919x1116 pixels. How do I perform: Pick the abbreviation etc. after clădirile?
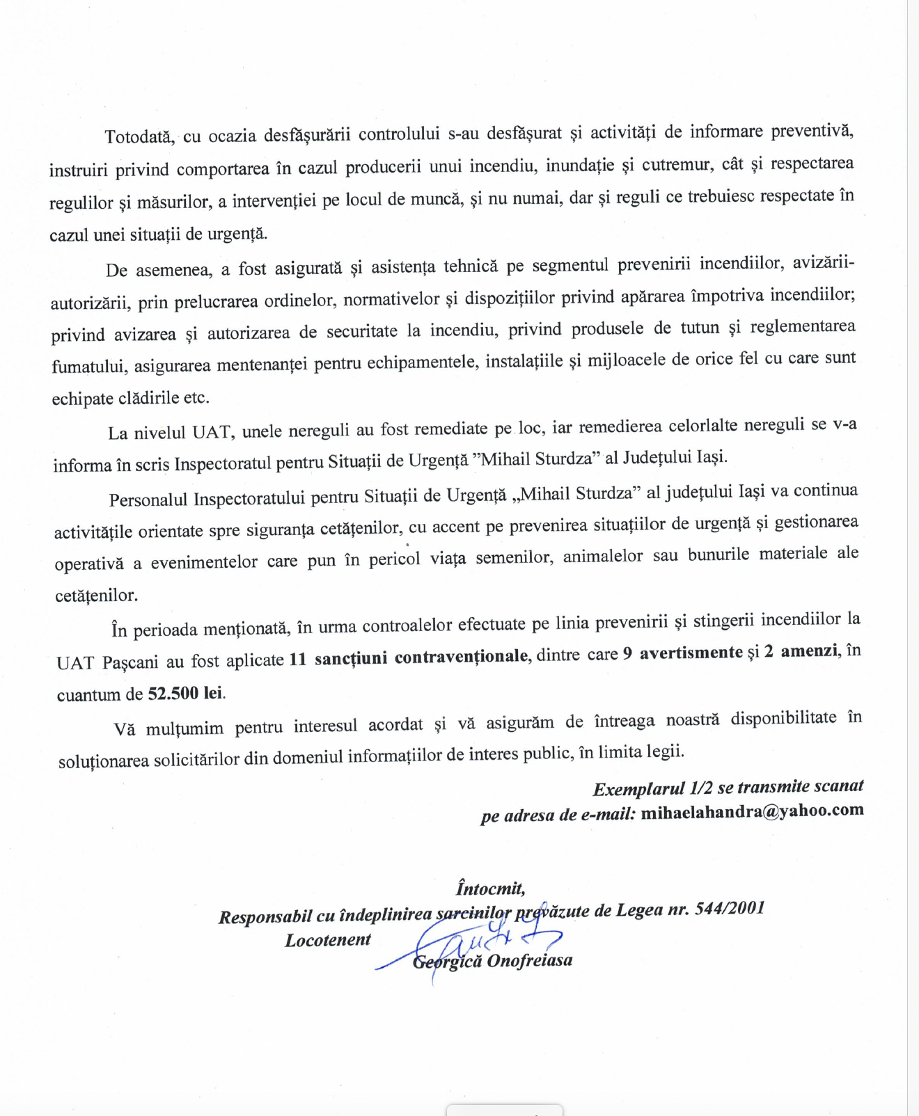(196, 398)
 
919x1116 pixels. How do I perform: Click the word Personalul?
(148, 499)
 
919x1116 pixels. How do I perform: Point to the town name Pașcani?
(130, 661)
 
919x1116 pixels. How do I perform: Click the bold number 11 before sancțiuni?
(297, 659)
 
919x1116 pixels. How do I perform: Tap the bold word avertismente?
(691, 653)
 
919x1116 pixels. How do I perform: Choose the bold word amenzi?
(808, 651)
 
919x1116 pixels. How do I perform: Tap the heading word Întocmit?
(490, 888)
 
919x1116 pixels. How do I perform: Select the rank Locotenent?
(327, 940)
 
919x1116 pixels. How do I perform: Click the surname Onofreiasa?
(530, 961)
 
